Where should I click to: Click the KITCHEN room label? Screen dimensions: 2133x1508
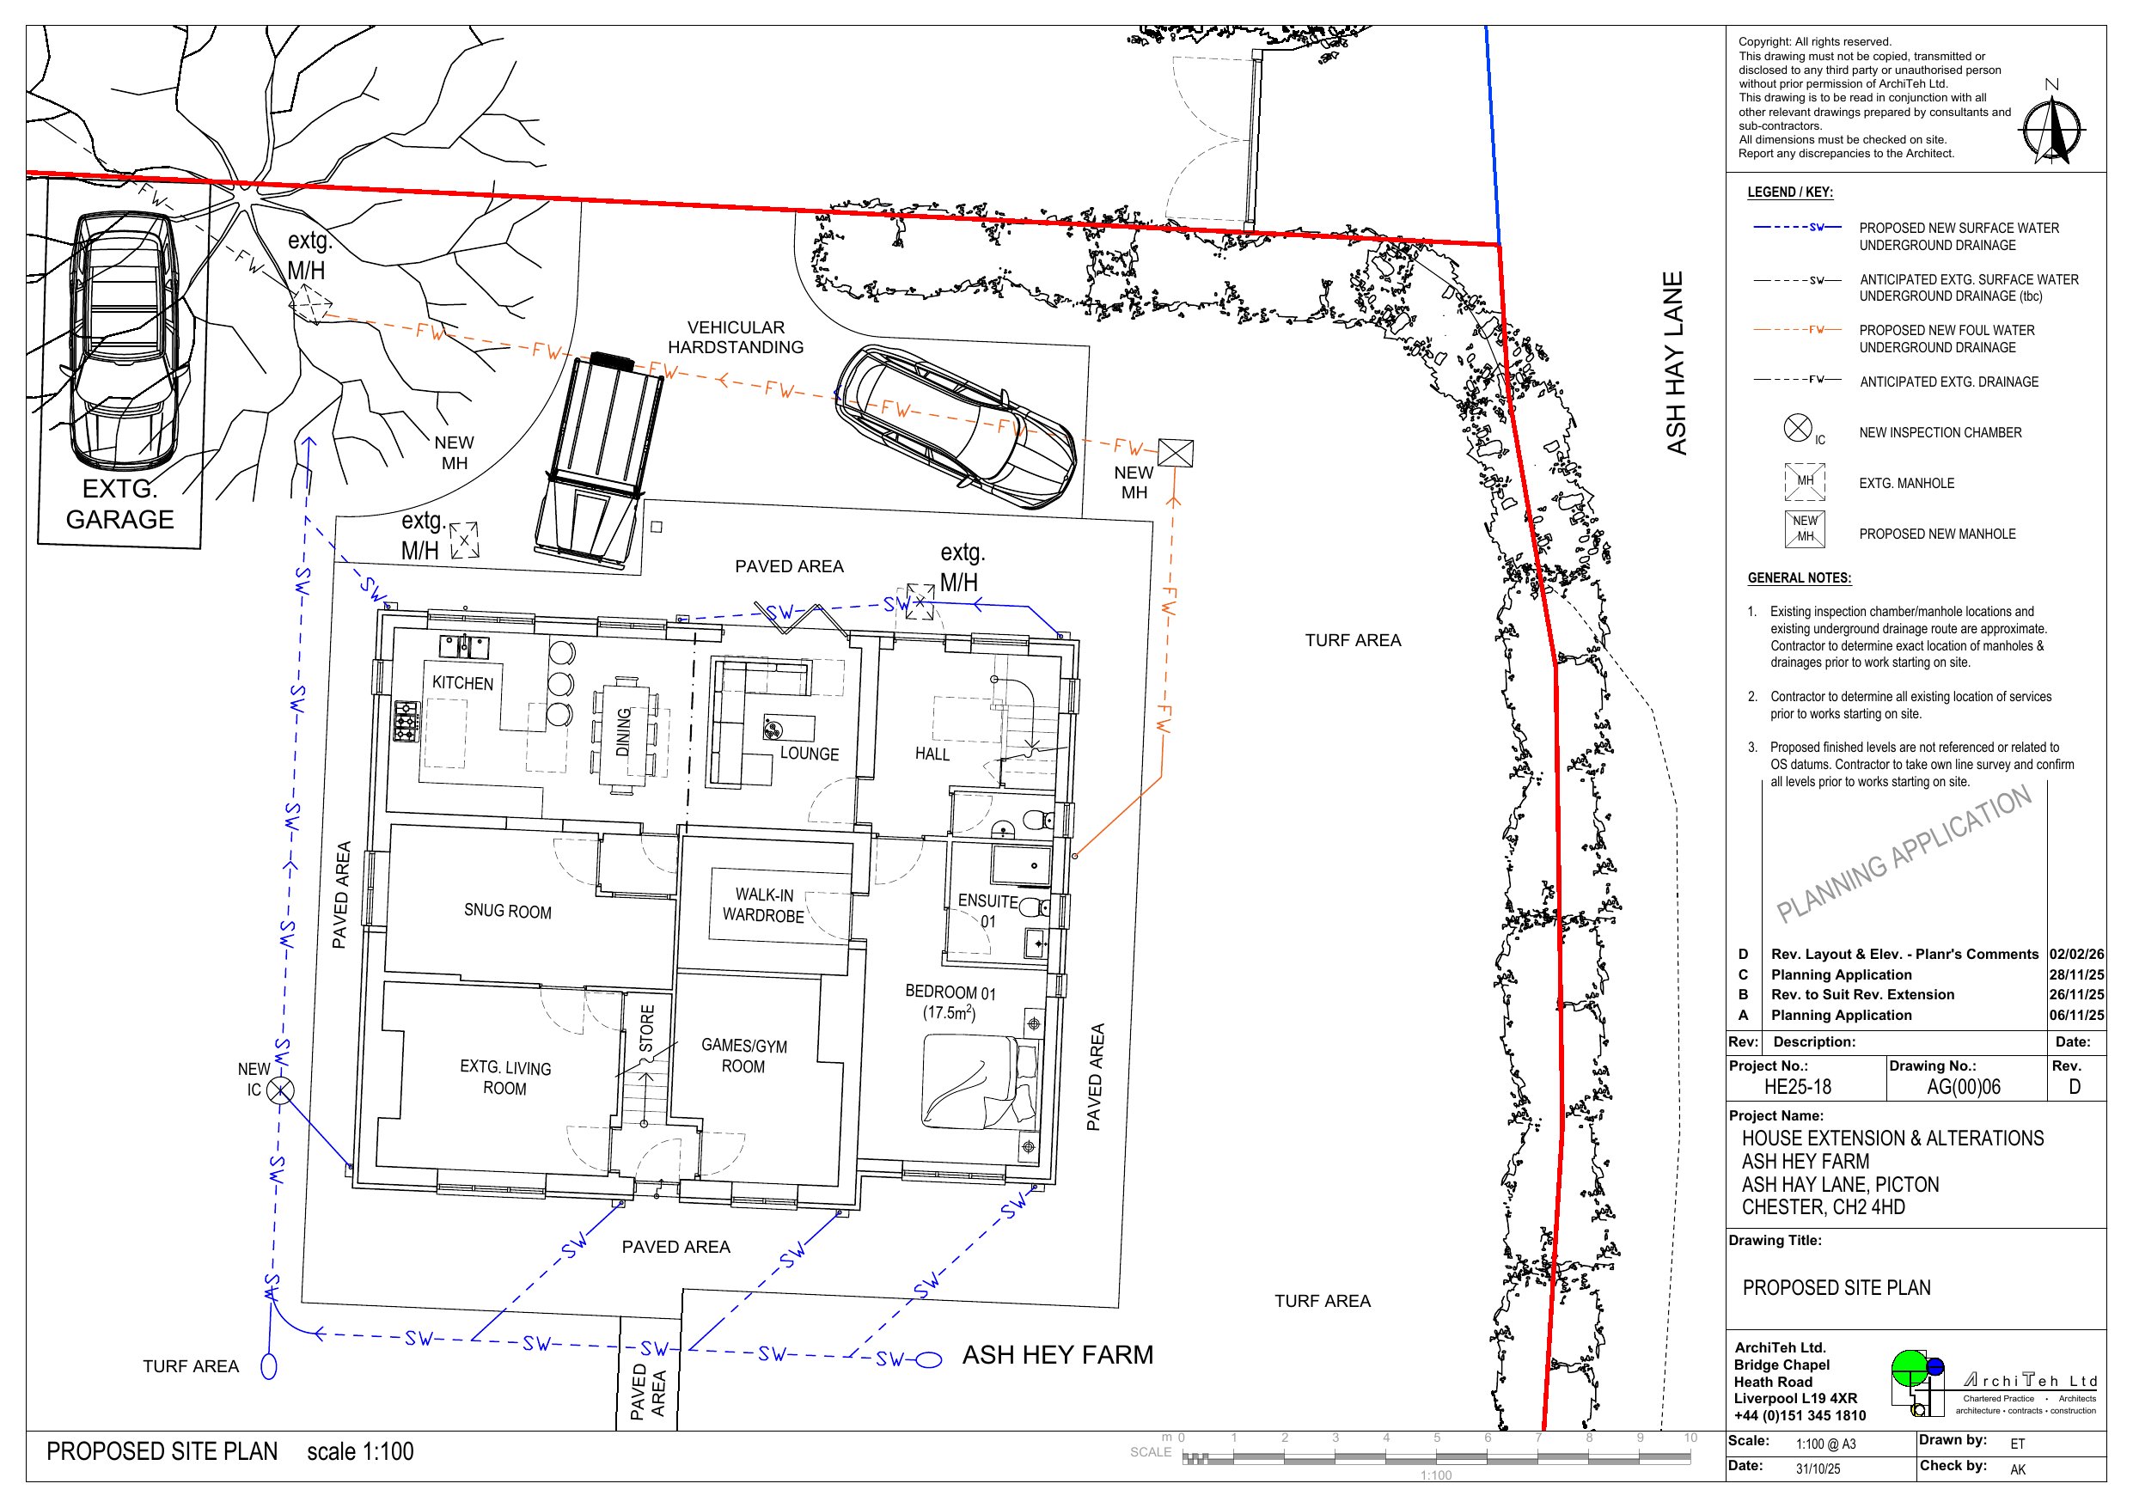pyautogui.click(x=462, y=683)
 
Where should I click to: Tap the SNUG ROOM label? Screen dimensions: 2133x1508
pyautogui.click(x=507, y=912)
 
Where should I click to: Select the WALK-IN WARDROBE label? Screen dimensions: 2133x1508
pyautogui.click(x=764, y=905)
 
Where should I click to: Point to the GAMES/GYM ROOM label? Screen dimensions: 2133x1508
pyautogui.click(x=744, y=1055)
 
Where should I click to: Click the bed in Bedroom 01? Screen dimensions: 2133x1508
pyautogui.click(x=979, y=1083)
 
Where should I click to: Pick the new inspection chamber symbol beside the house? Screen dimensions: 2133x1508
pyautogui.click(x=280, y=1090)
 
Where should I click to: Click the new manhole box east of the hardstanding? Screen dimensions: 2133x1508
pyautogui.click(x=1175, y=454)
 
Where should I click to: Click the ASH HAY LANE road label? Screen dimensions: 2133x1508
pyautogui.click(x=1675, y=363)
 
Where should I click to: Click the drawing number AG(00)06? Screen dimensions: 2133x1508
pyautogui.click(x=1963, y=1087)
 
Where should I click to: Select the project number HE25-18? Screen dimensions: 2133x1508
pyautogui.click(x=1798, y=1087)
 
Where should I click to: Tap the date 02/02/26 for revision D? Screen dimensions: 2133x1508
pyautogui.click(x=2077, y=955)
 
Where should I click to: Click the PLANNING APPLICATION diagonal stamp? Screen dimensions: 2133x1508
pyautogui.click(x=1904, y=854)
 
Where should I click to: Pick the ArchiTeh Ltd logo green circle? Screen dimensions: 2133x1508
pyautogui.click(x=1910, y=1368)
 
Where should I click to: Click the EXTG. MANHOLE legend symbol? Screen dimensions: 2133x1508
pyautogui.click(x=1805, y=482)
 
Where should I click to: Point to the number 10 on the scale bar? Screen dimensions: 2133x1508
pyautogui.click(x=1690, y=1438)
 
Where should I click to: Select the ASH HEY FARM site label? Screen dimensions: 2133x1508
pyautogui.click(x=1057, y=1355)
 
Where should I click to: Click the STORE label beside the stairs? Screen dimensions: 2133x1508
pyautogui.click(x=647, y=1029)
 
